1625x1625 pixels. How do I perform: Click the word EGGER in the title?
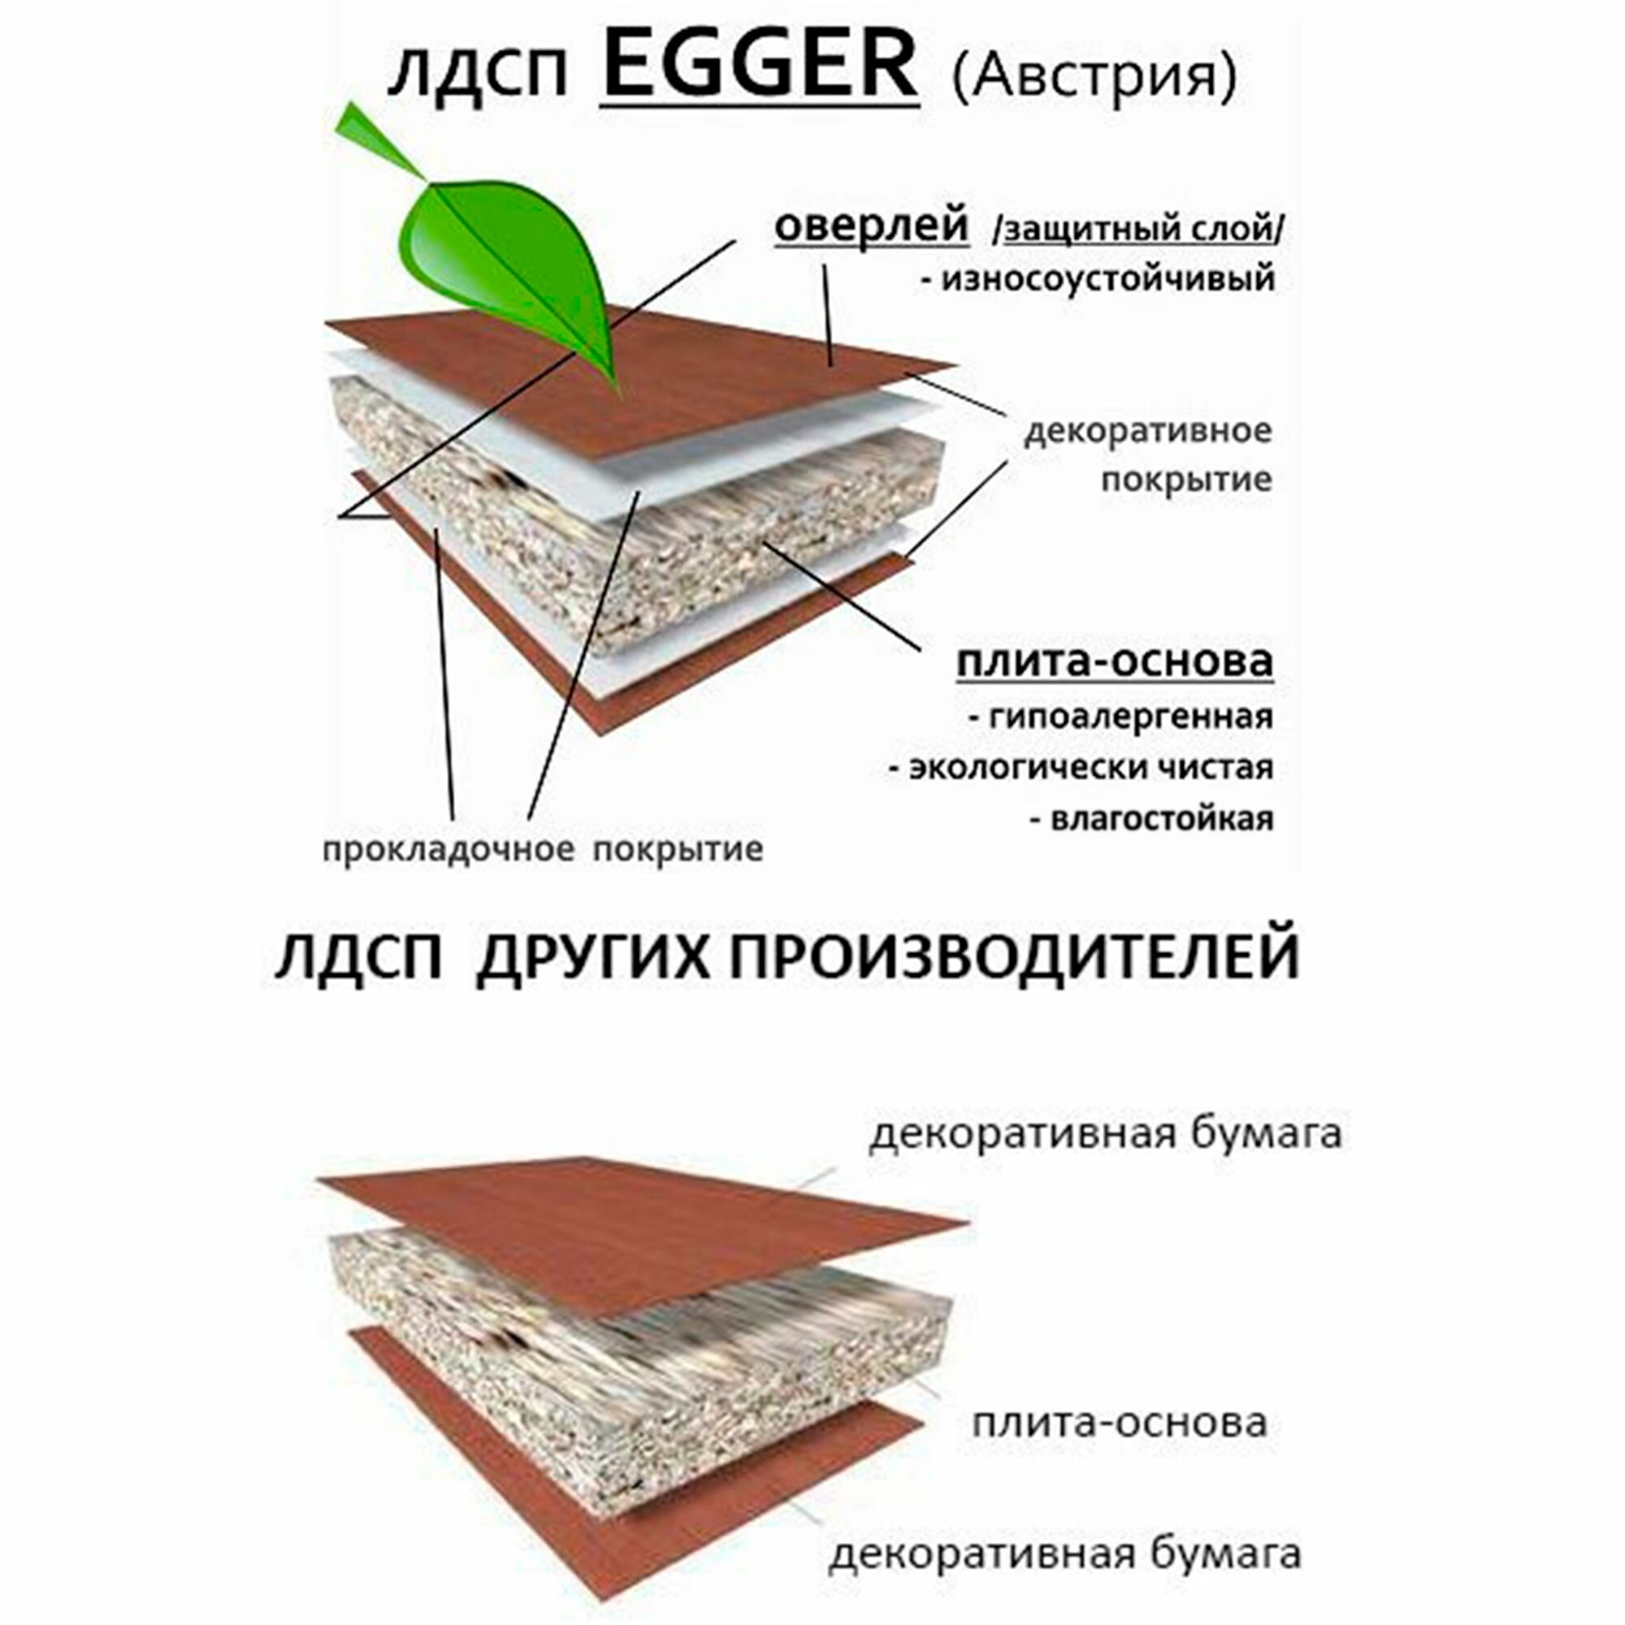coord(759,67)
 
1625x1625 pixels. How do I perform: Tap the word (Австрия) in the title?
coord(1094,77)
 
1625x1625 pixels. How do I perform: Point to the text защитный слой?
coord(1138,229)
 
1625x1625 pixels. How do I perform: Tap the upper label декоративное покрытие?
coord(1147,455)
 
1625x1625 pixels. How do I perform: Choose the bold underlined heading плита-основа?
coord(1115,662)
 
